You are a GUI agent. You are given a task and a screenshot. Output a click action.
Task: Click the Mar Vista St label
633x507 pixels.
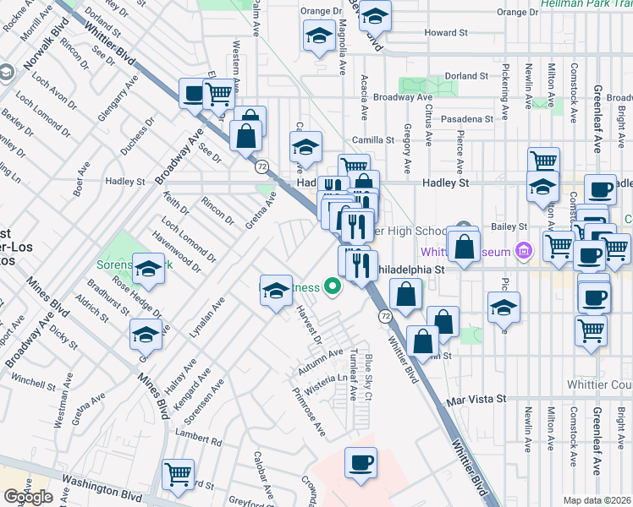tap(476, 398)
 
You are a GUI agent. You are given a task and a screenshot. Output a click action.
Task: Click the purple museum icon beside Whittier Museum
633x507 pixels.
tap(523, 252)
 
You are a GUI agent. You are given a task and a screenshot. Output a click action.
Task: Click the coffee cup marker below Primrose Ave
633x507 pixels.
tap(361, 462)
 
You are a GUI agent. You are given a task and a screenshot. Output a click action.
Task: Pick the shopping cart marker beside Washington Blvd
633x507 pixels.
tap(179, 475)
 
